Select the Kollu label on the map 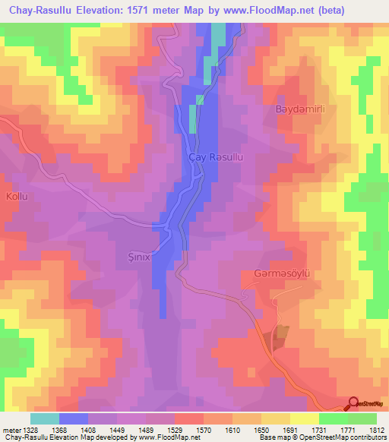point(17,197)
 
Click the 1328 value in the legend point(30,430)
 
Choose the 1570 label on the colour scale point(204,430)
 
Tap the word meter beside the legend point(11,430)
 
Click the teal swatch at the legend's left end point(45,418)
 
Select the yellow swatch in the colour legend point(305,418)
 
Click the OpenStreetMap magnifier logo point(353,404)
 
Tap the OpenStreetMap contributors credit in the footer point(342,438)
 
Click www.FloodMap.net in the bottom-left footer point(154,438)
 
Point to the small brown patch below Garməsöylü point(282,332)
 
